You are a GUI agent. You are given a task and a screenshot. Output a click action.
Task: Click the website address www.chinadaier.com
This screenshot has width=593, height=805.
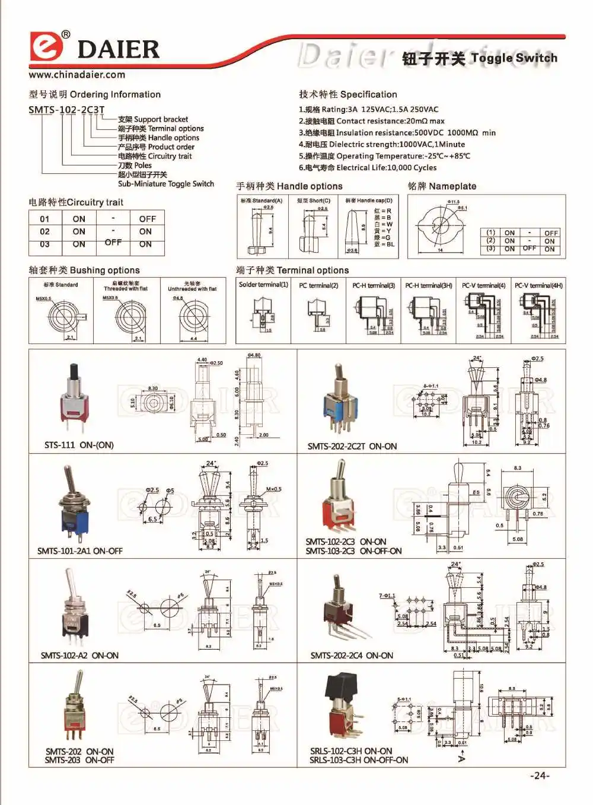click(76, 75)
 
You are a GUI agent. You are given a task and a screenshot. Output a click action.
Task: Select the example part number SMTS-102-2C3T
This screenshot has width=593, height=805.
click(66, 110)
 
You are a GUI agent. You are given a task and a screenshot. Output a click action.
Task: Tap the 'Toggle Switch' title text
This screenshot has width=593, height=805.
click(514, 58)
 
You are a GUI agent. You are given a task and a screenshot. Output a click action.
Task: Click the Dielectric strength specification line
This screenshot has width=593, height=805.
click(382, 144)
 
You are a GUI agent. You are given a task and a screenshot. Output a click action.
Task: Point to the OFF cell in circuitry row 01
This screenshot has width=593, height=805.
click(147, 219)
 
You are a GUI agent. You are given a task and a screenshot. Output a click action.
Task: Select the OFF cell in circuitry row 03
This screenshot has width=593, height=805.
click(113, 243)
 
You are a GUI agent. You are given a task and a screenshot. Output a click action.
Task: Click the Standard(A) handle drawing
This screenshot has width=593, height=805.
click(262, 231)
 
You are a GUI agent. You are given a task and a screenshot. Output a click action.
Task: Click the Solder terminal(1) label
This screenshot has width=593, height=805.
click(263, 285)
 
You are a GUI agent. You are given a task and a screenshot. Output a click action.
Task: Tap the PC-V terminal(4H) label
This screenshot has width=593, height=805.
click(538, 285)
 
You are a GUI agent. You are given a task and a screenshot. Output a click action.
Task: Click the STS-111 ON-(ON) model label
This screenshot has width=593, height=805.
click(79, 445)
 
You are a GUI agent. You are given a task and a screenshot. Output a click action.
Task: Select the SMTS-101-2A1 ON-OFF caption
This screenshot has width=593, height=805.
click(80, 551)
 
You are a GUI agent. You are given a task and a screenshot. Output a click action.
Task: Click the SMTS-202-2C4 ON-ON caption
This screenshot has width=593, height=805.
click(352, 656)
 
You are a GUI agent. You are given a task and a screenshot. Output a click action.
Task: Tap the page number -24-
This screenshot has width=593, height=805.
click(540, 775)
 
